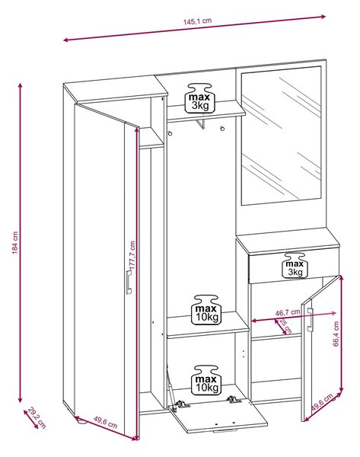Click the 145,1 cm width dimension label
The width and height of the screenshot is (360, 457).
197,21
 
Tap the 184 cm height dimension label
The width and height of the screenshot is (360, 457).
15,242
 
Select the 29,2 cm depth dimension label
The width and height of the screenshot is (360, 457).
37,417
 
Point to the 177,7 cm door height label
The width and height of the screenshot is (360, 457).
132,254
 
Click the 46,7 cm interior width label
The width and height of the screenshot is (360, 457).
288,312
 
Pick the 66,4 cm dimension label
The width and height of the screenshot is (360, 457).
336,334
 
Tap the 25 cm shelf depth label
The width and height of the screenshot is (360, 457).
285,326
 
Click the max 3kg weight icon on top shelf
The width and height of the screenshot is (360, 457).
200,98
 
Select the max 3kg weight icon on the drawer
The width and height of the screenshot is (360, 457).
295,265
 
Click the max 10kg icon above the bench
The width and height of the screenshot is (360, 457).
206,310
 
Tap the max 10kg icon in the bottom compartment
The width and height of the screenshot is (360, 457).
206,380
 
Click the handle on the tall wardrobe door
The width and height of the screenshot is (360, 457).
129,282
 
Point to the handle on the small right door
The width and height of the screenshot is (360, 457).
310,320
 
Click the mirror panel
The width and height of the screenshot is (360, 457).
281,136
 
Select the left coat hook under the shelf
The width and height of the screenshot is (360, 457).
170,133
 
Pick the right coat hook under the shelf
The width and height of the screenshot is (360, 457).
222,129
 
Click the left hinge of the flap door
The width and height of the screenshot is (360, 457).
180,405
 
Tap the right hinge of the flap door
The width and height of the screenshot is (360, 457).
234,399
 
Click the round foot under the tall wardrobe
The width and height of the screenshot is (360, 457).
81,420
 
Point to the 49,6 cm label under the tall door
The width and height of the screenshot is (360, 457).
105,422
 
